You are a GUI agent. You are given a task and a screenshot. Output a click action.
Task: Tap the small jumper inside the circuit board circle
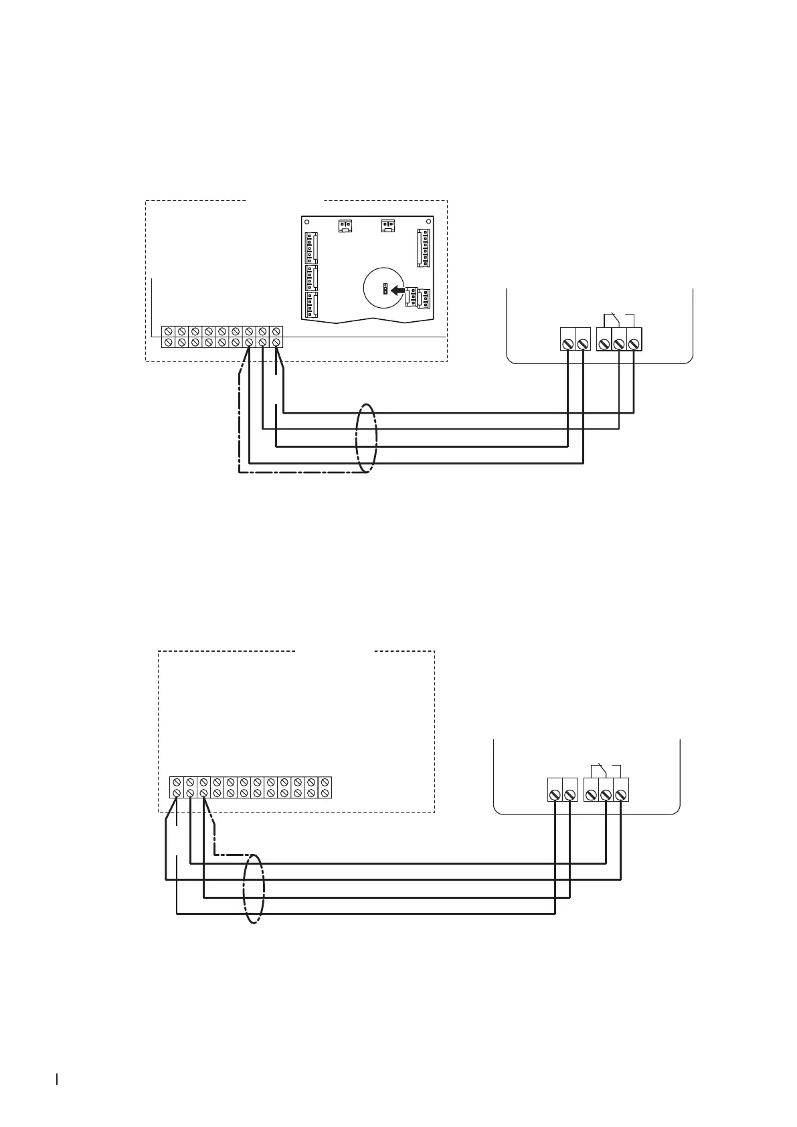385,289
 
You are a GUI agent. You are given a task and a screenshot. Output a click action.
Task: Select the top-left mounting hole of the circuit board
306,221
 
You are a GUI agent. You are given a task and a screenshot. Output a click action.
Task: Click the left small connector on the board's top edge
345,226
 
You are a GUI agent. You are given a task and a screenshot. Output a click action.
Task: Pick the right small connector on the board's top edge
387,226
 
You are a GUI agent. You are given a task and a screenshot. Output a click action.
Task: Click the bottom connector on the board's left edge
311,304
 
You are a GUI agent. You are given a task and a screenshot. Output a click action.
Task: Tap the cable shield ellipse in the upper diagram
365,439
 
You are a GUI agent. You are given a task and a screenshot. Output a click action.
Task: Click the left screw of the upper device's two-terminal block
567,344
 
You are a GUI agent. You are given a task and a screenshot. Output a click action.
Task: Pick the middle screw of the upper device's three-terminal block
619,344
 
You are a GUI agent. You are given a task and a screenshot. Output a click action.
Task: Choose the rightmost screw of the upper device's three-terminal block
634,344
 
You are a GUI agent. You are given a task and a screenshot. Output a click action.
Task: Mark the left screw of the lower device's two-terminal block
555,794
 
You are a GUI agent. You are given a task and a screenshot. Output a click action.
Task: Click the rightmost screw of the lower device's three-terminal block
621,794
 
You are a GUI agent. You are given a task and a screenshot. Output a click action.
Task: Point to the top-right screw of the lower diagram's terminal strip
325,782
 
